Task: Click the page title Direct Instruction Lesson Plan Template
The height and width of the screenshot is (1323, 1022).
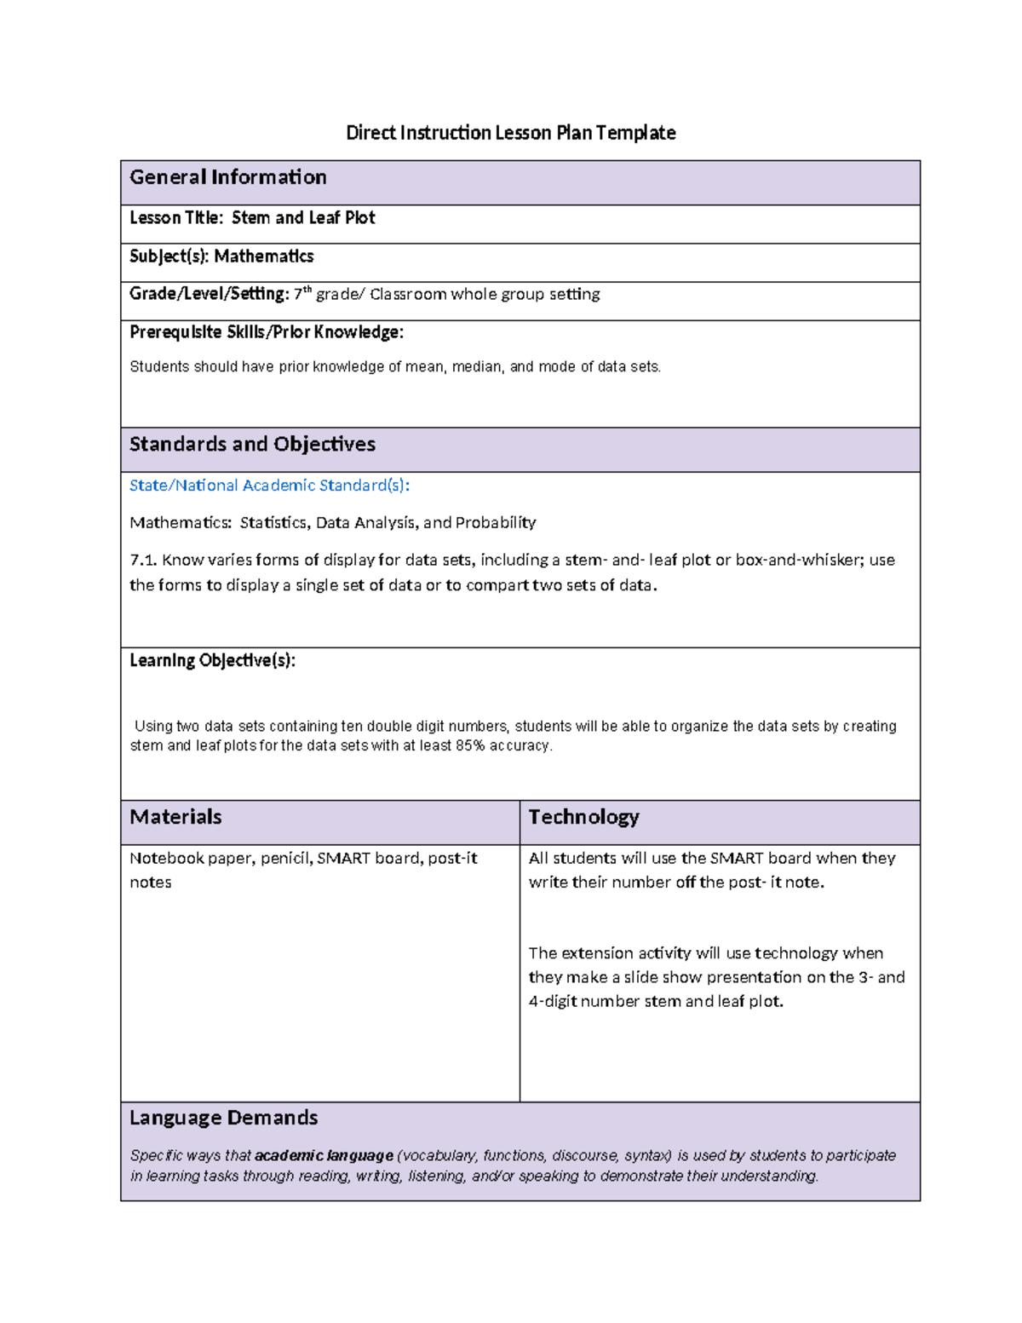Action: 510,133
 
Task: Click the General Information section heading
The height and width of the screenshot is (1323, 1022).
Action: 227,177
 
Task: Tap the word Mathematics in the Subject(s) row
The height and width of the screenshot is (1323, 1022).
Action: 263,256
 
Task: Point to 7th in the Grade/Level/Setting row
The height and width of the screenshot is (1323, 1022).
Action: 302,294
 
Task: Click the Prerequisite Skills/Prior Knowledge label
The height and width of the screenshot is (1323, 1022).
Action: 266,332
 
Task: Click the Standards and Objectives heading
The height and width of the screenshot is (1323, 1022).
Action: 252,445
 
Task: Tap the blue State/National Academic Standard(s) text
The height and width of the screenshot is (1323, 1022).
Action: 269,486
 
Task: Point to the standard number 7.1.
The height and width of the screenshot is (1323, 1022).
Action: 143,561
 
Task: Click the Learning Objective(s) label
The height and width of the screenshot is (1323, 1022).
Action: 212,661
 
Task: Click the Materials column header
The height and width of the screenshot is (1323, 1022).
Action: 175,817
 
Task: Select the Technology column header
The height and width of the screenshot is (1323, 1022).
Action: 583,817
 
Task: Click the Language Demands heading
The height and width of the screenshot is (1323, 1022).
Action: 223,1118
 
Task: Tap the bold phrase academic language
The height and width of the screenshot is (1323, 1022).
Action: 324,1156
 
